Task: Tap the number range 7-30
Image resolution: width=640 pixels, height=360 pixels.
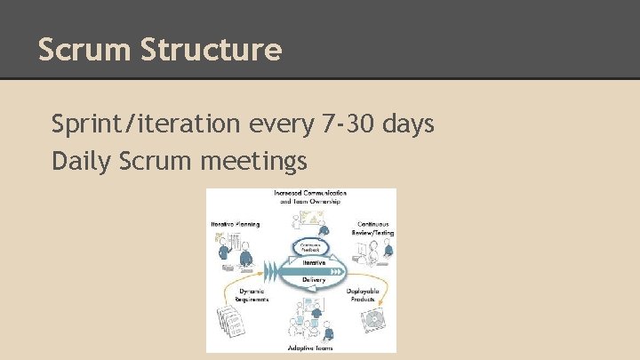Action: [348, 124]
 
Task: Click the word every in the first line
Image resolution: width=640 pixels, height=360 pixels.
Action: [278, 124]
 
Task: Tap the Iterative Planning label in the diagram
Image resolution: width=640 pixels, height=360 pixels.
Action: [236, 224]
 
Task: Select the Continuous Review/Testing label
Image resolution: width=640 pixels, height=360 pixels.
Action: [374, 228]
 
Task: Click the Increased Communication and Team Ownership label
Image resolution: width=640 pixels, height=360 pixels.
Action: [309, 196]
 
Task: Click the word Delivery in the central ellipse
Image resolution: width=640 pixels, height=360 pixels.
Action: [313, 279]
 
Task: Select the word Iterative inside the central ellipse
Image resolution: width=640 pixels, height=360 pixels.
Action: [311, 263]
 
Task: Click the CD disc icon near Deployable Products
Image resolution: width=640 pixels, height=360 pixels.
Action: [377, 319]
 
